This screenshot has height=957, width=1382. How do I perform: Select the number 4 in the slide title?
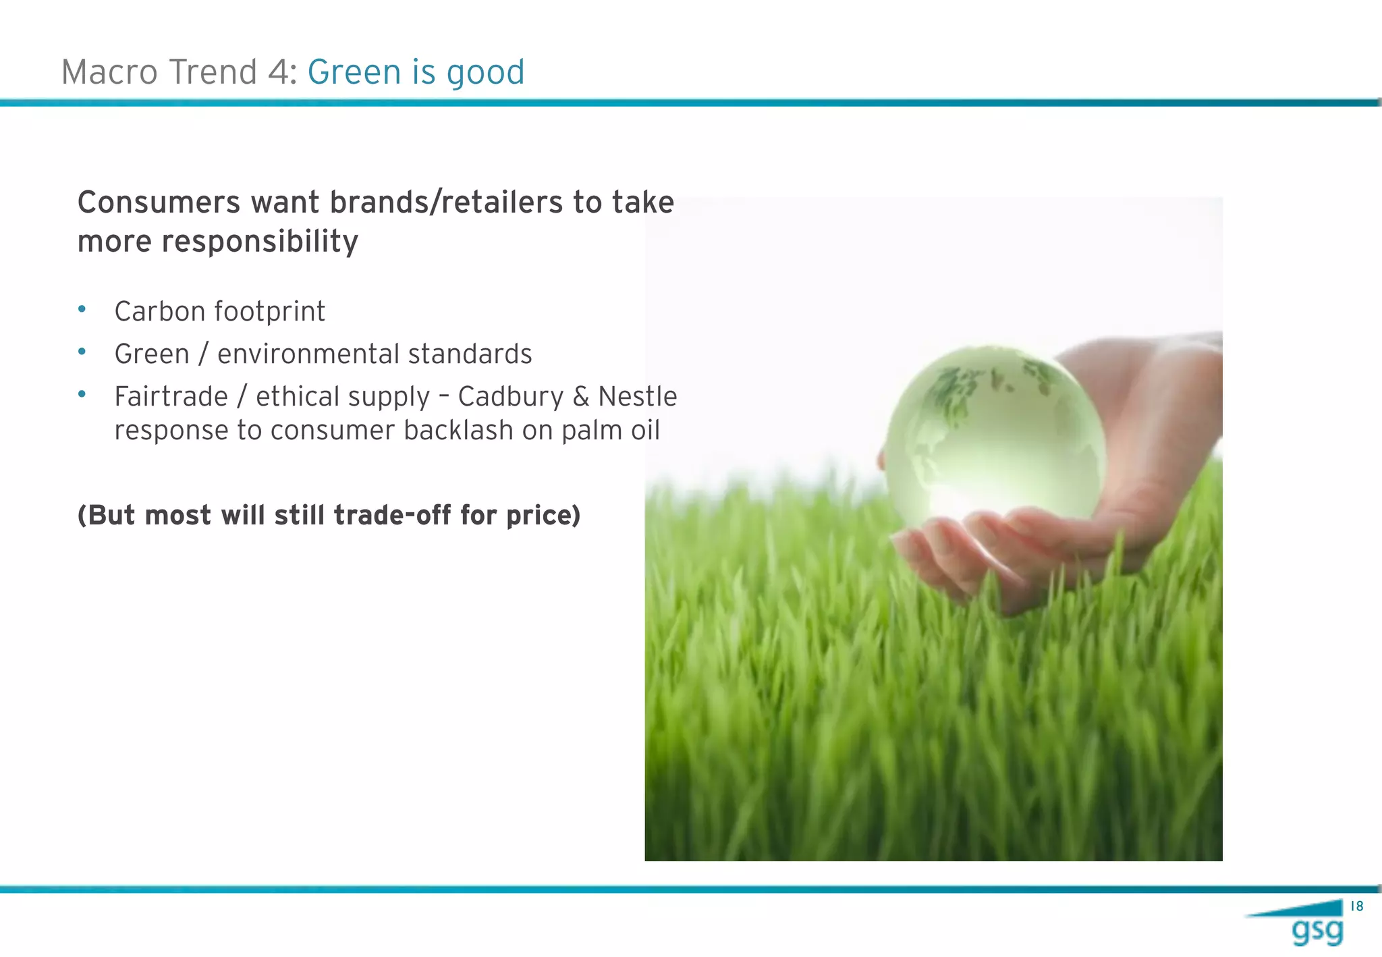tap(278, 72)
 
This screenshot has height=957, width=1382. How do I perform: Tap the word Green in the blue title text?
tap(354, 72)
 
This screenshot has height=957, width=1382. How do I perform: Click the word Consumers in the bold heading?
tap(159, 202)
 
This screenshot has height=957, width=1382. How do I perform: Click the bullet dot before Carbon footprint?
tap(82, 309)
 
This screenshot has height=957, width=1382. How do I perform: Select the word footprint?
tap(270, 312)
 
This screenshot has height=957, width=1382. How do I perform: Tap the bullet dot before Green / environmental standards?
tap(82, 352)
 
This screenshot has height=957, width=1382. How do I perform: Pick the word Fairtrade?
tap(171, 397)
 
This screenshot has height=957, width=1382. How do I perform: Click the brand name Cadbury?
tap(510, 397)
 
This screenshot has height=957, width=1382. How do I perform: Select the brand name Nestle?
tap(637, 397)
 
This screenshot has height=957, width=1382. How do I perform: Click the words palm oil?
tap(610, 431)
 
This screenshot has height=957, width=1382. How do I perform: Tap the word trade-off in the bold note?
tap(392, 516)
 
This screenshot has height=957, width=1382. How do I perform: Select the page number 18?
tap(1356, 906)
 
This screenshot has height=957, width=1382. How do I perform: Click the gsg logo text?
tap(1317, 932)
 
